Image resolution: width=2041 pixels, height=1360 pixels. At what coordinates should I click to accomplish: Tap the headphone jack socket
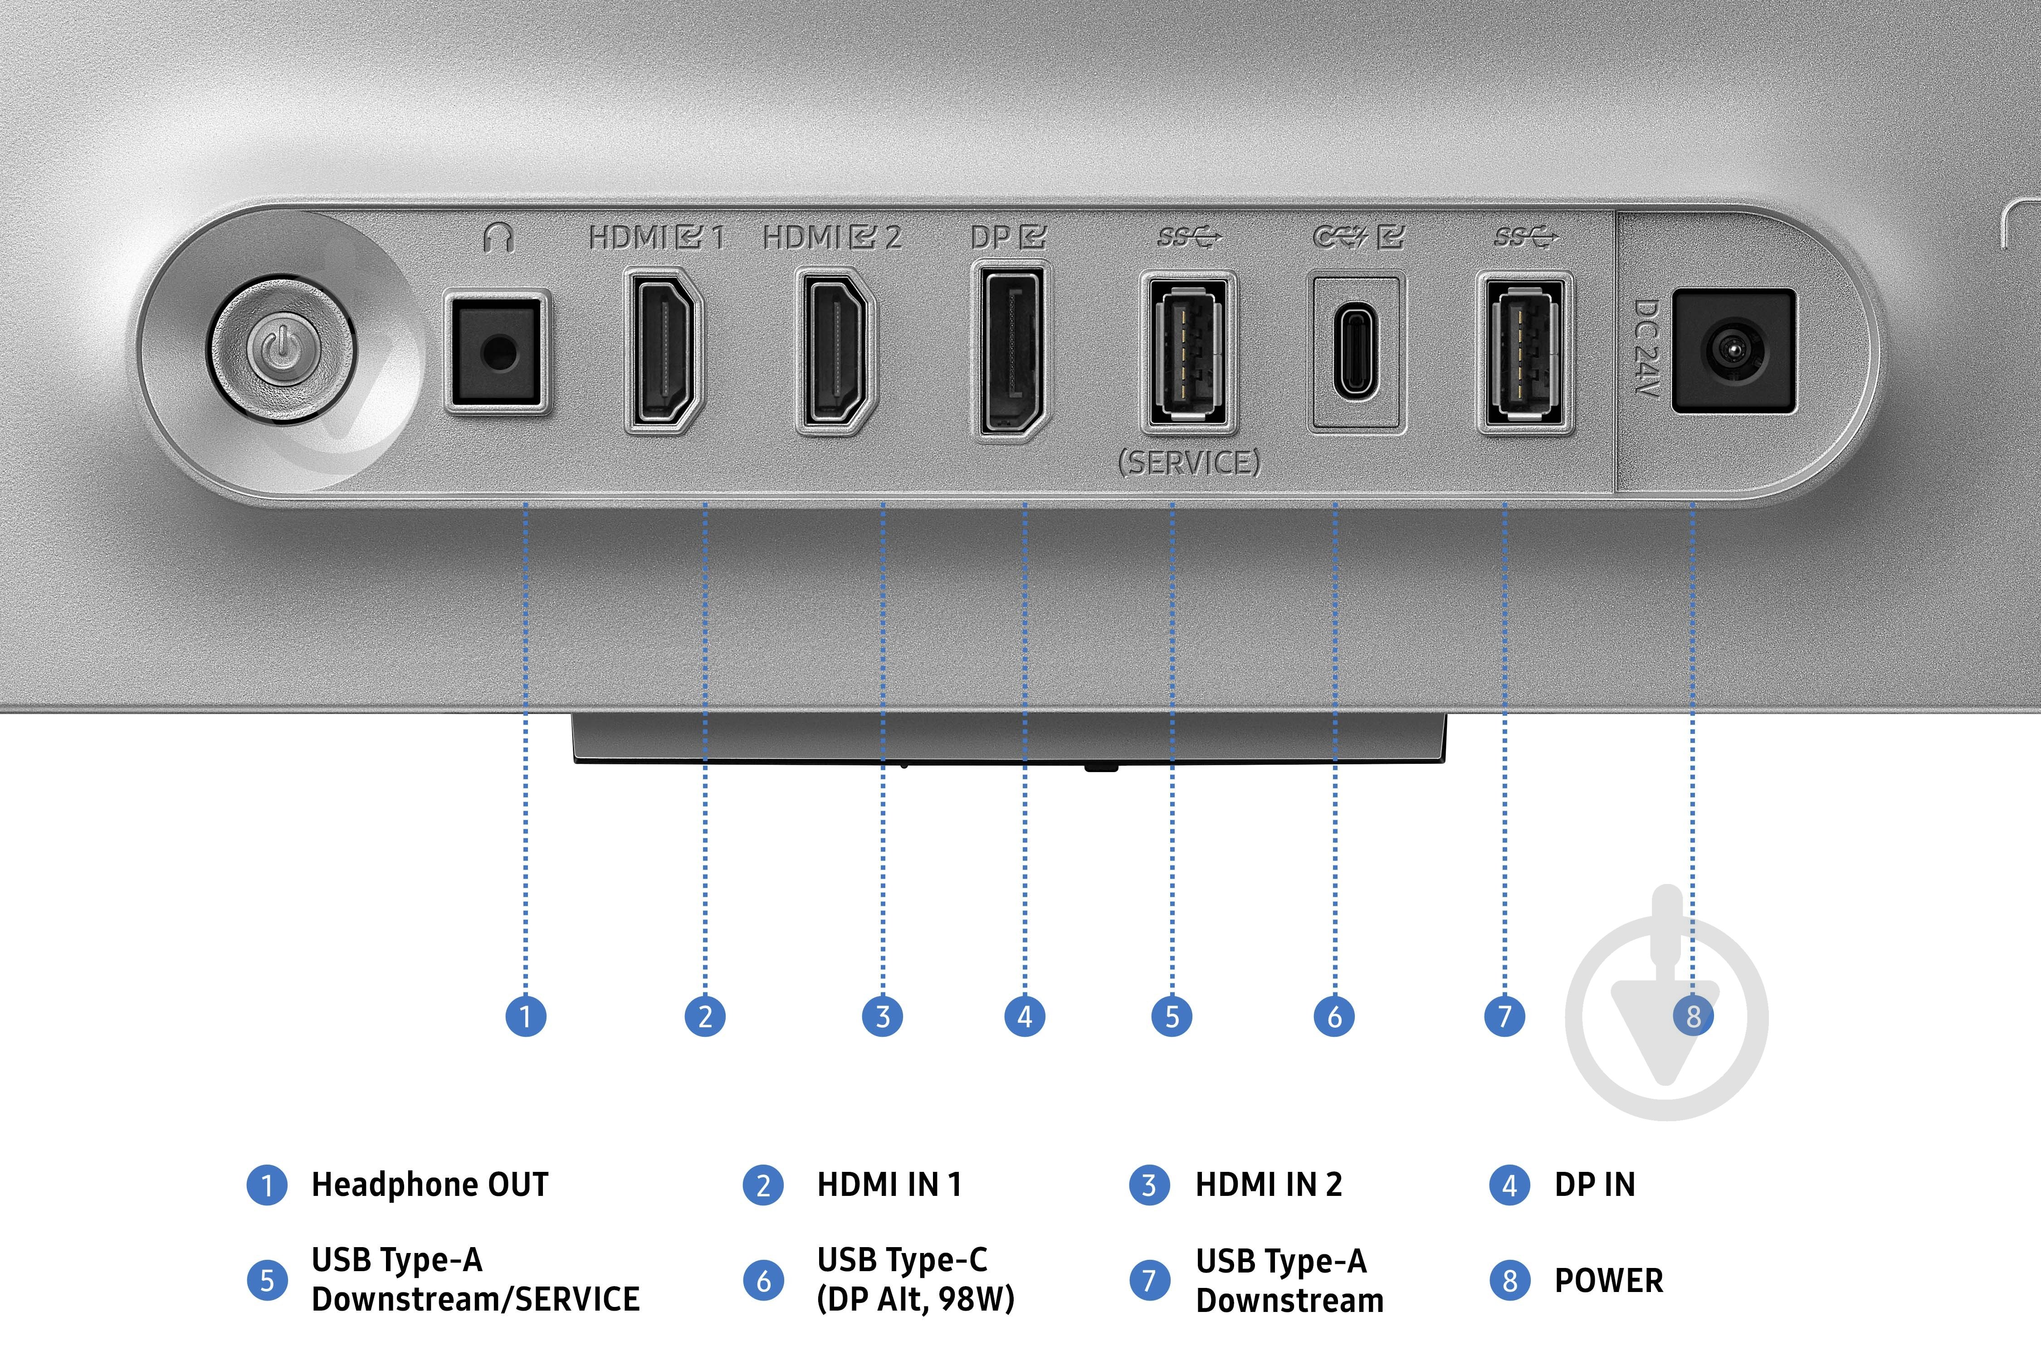point(496,351)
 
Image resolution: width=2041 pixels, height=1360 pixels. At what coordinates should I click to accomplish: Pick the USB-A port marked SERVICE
point(1188,351)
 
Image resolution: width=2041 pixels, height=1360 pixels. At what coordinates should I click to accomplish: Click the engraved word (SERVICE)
point(1189,462)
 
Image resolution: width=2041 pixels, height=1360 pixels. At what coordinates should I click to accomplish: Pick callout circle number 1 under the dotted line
point(525,1015)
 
